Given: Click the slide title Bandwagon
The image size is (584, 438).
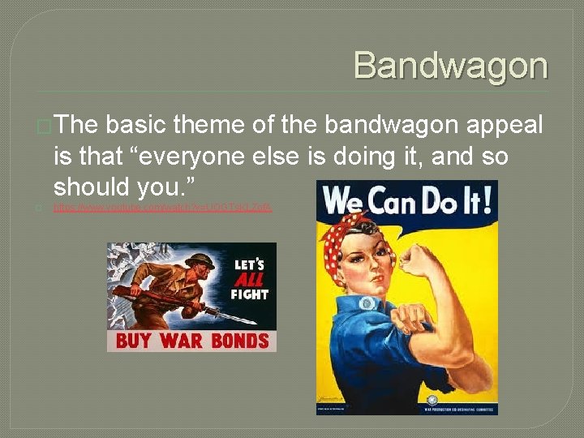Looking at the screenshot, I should tap(450, 66).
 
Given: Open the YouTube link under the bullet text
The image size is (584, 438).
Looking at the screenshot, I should tap(162, 208).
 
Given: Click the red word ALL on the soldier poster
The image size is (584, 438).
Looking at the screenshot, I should tap(249, 279).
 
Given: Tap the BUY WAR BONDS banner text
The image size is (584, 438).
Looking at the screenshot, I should tap(191, 339).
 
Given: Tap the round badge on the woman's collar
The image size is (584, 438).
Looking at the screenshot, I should tap(368, 303).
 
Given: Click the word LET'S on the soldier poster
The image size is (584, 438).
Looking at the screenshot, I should tap(249, 264).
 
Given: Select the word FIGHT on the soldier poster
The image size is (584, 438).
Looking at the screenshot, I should tap(249, 294).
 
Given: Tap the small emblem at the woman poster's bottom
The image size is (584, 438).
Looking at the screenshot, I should tap(432, 401).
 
